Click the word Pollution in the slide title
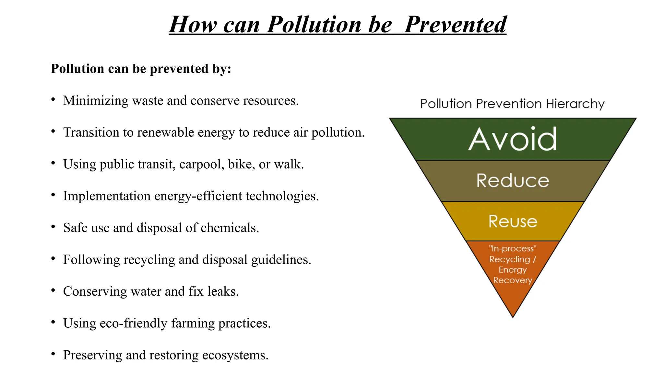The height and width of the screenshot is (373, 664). click(314, 25)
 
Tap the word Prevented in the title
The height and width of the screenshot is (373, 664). click(455, 25)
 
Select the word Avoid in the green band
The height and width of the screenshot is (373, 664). click(513, 139)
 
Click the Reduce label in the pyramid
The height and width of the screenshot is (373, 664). click(513, 180)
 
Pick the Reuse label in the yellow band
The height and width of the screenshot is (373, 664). click(513, 221)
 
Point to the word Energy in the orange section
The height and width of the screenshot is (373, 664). click(513, 270)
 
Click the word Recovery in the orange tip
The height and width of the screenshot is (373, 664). click(513, 280)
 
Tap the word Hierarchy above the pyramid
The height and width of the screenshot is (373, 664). click(575, 104)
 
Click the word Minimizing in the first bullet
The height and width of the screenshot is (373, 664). click(96, 101)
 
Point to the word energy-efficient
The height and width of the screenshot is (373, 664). click(198, 196)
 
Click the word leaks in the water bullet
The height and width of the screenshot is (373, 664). click(223, 291)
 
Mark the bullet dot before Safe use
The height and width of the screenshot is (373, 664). click(53, 227)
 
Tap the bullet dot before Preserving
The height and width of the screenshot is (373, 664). click(53, 354)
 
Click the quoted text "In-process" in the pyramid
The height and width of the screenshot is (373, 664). click(513, 249)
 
